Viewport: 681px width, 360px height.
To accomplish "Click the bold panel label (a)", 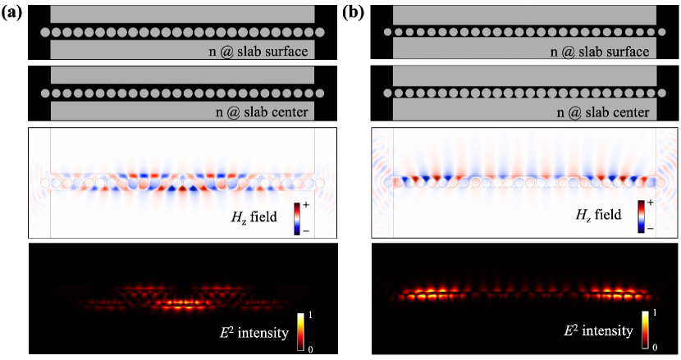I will pos(11,11).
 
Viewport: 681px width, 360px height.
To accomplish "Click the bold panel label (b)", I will pos(359,11).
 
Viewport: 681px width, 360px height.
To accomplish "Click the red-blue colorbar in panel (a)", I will pos(310,211).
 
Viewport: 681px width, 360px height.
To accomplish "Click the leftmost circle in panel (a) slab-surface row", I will pos(45,32).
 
